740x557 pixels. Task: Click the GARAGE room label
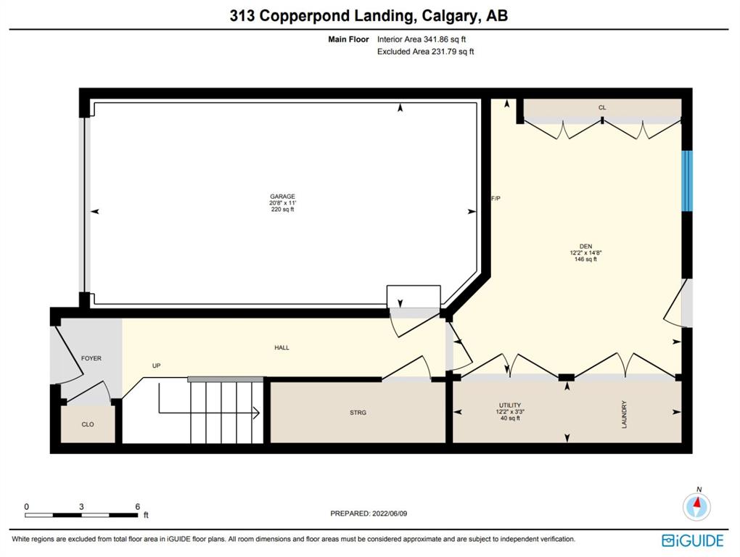pos(283,197)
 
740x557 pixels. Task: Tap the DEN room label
pos(585,246)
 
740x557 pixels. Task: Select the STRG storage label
pos(358,413)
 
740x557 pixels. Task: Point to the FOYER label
pos(91,358)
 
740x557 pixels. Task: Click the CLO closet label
pos(88,424)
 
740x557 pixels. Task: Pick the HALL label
pos(281,347)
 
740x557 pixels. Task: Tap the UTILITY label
pos(510,405)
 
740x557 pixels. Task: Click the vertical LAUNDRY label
pos(625,415)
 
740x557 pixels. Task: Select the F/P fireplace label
pos(496,199)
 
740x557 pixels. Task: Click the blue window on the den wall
pos(687,181)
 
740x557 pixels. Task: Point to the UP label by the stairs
pos(156,366)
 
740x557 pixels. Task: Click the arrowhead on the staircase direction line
pos(257,413)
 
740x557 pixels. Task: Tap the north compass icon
pos(696,506)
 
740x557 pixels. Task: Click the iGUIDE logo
pos(693,540)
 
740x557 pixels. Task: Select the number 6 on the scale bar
pos(138,506)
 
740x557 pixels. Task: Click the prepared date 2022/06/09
pos(390,513)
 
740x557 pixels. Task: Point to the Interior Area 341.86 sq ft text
pos(422,39)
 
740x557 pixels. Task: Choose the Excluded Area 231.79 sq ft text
pos(426,51)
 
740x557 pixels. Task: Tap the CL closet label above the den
pos(602,107)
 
